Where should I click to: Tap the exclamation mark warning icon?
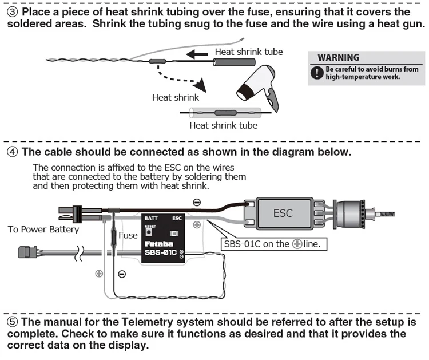(x=316, y=73)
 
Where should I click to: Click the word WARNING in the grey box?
(x=339, y=57)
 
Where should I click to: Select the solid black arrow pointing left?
(x=197, y=54)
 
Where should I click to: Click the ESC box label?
(x=283, y=213)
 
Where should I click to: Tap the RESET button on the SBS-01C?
(x=149, y=232)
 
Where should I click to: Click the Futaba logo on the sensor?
(x=159, y=244)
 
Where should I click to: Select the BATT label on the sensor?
(x=151, y=218)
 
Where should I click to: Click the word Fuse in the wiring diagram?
(x=128, y=235)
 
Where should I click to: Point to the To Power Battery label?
(x=43, y=230)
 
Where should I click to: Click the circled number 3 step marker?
(x=13, y=12)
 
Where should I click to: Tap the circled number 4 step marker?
(x=13, y=152)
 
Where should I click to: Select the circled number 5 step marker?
(x=13, y=322)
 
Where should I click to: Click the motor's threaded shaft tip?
(x=394, y=214)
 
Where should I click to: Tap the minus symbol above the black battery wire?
(x=197, y=203)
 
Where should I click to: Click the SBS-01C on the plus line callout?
(x=273, y=244)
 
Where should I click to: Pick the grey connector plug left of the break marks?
(x=27, y=252)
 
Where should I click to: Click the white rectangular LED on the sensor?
(x=174, y=234)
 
